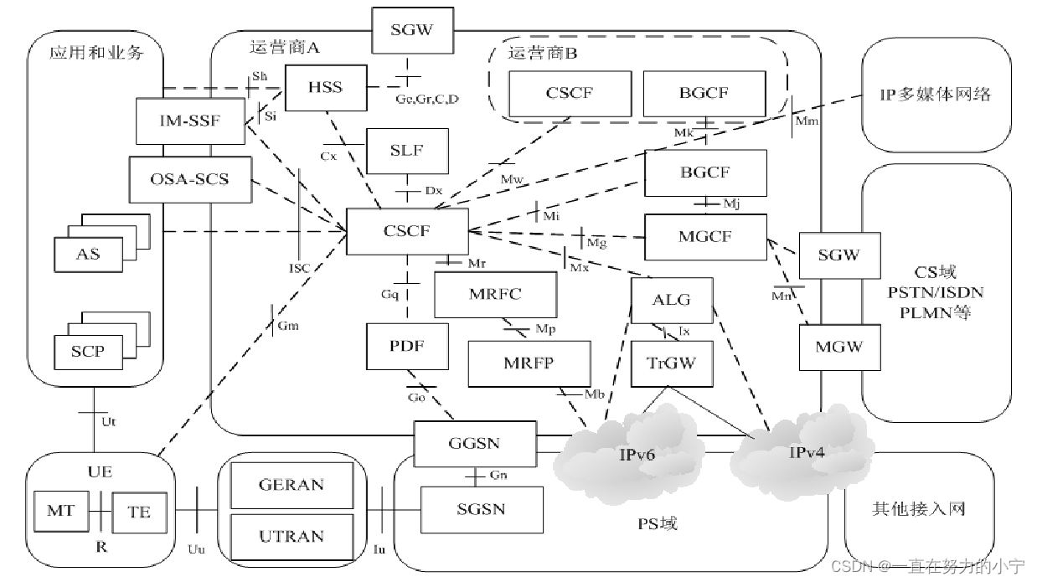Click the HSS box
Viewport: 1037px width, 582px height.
[325, 88]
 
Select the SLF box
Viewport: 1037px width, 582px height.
[407, 151]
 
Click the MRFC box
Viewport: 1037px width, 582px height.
[495, 295]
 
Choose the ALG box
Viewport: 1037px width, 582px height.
[672, 301]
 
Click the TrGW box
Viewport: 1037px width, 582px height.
[672, 364]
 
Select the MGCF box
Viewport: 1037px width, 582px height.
[705, 237]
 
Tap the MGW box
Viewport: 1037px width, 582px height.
[838, 346]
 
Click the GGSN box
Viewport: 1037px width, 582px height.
[475, 444]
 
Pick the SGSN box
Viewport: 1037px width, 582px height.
[481, 509]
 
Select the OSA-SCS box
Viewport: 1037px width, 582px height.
[189, 179]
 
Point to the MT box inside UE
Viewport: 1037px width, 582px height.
[60, 510]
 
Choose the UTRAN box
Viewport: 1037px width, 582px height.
[291, 536]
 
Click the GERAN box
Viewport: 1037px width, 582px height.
[291, 486]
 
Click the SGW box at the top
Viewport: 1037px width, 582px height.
[412, 31]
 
